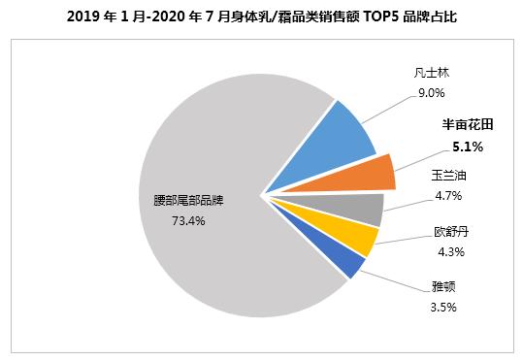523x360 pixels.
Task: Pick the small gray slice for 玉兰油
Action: (x=359, y=208)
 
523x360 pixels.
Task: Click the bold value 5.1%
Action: (x=468, y=147)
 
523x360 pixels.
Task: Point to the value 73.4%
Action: (x=186, y=220)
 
